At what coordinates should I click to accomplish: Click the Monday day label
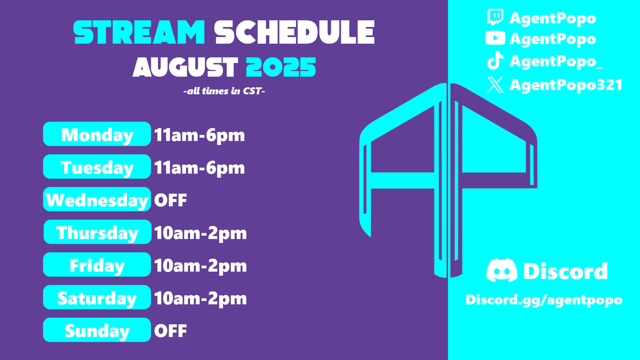pyautogui.click(x=97, y=135)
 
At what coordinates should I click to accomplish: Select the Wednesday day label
pyautogui.click(x=97, y=201)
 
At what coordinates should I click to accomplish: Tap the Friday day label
pyautogui.click(x=97, y=266)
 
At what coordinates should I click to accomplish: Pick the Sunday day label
pyautogui.click(x=97, y=331)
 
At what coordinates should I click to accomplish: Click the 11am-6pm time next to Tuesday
pyautogui.click(x=199, y=168)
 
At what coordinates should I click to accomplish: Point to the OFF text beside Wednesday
pyautogui.click(x=171, y=201)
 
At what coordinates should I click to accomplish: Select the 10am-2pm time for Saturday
pyautogui.click(x=201, y=298)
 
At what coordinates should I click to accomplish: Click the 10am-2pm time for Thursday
pyautogui.click(x=201, y=233)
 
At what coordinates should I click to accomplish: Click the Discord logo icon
pyautogui.click(x=502, y=271)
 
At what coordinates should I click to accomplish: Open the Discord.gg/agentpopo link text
pyautogui.click(x=544, y=300)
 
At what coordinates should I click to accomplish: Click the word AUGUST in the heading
pyautogui.click(x=185, y=68)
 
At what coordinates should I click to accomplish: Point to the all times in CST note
pyautogui.click(x=224, y=92)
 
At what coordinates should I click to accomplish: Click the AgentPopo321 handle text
pyautogui.click(x=566, y=85)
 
